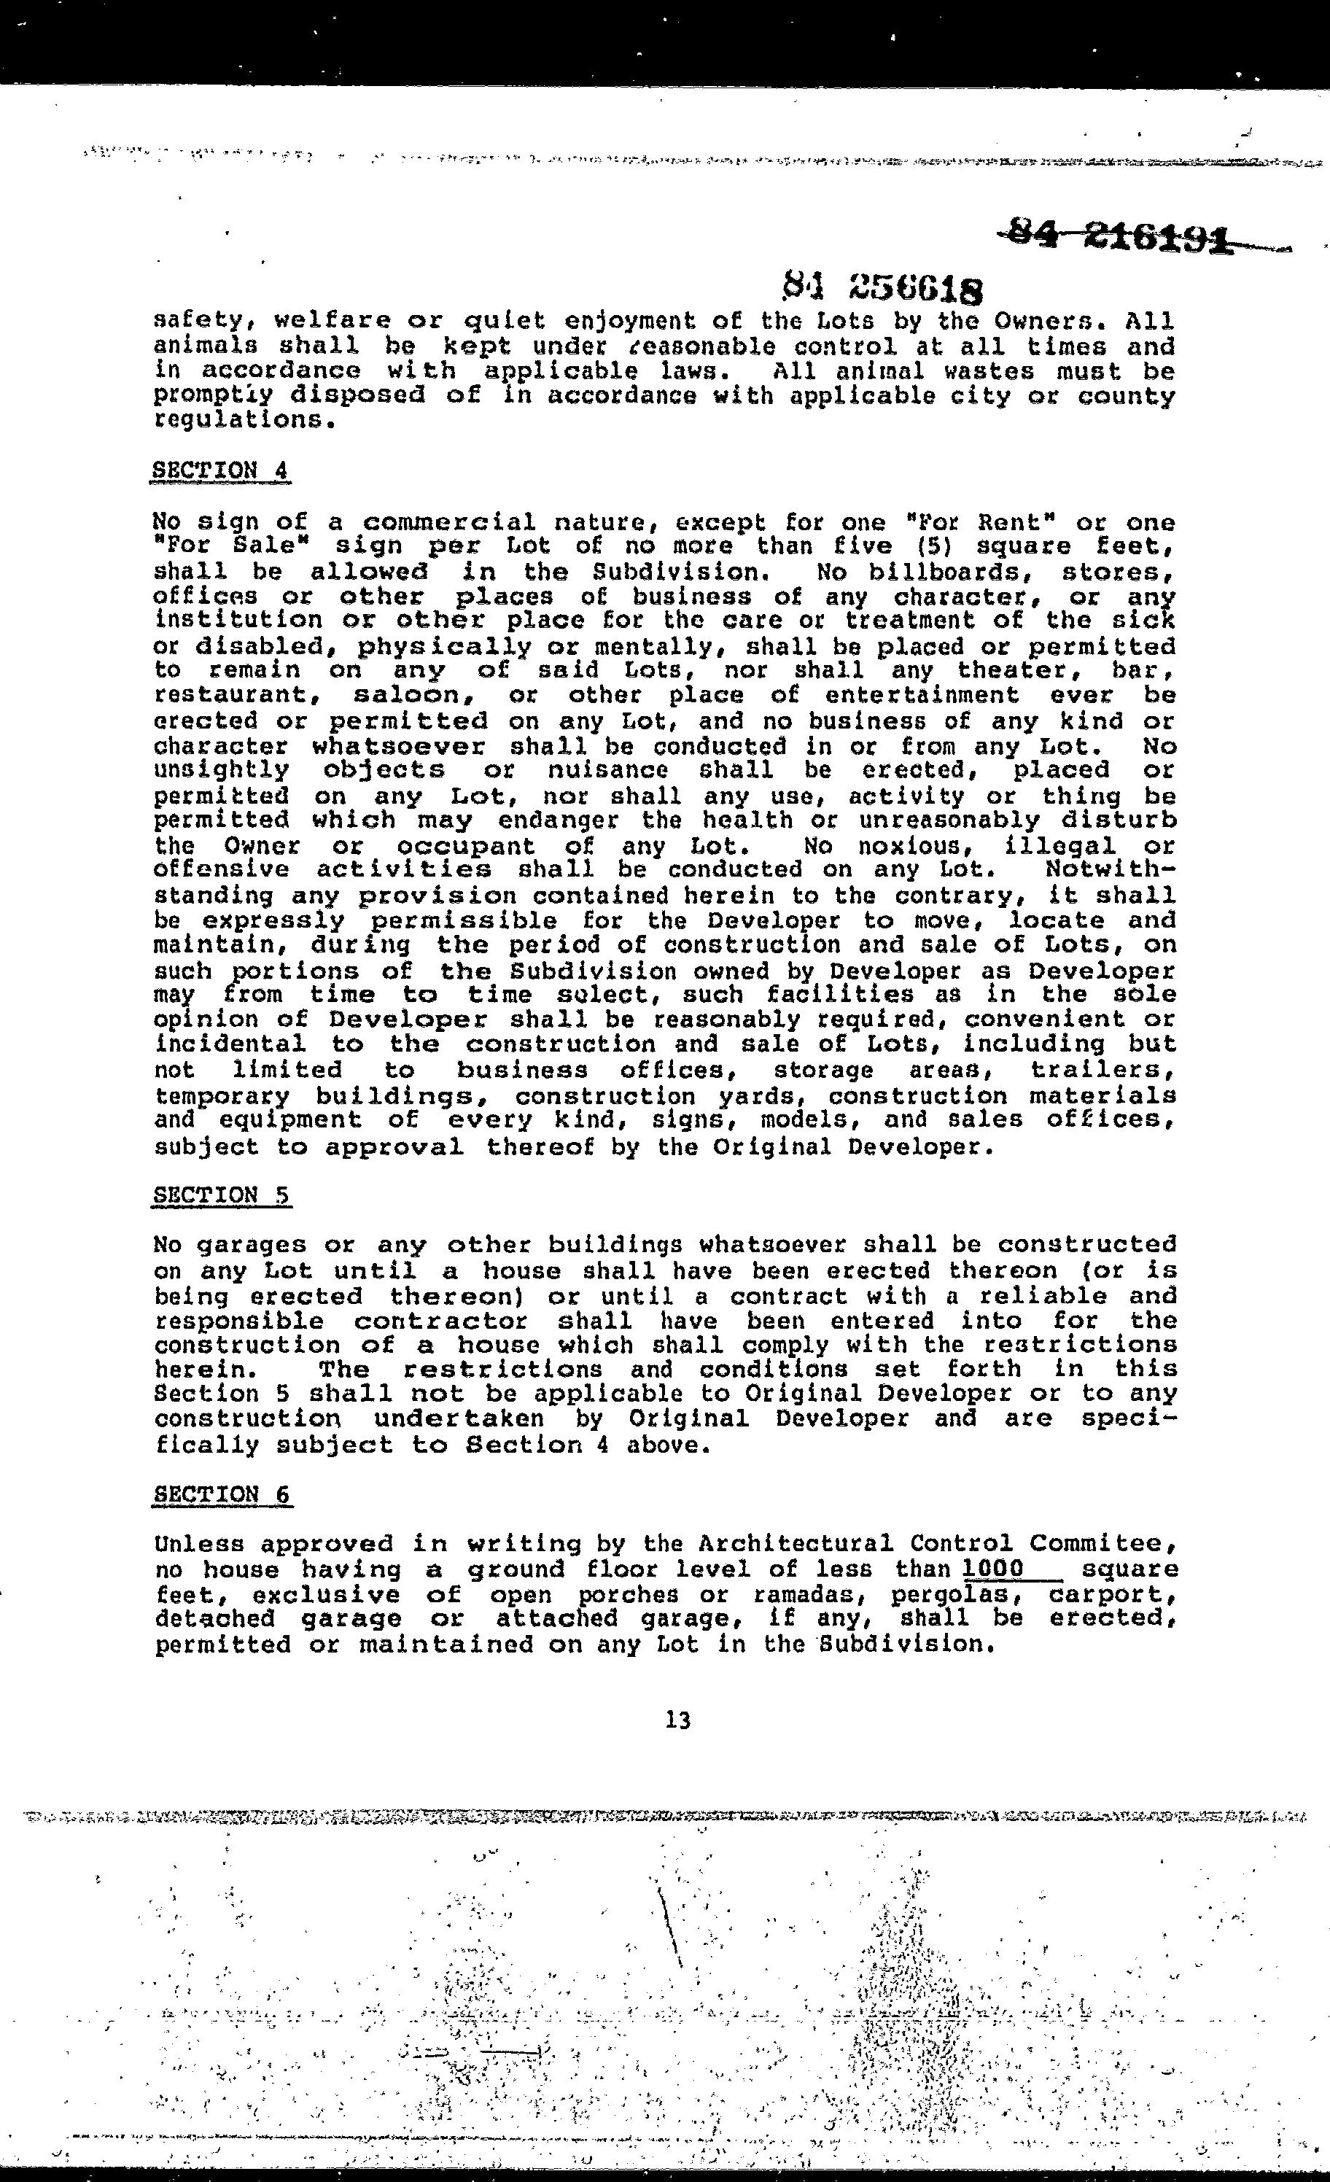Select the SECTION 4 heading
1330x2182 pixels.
[222, 470]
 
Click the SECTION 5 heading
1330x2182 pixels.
[222, 1195]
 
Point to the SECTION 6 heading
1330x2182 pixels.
[222, 1495]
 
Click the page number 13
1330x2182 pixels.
[677, 1720]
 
